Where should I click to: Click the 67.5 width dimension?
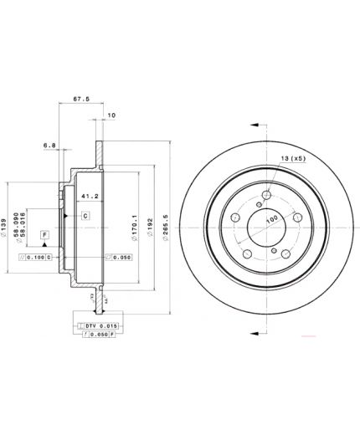[82, 98]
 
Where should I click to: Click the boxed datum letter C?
[85, 215]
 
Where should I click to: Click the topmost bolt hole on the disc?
[266, 197]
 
